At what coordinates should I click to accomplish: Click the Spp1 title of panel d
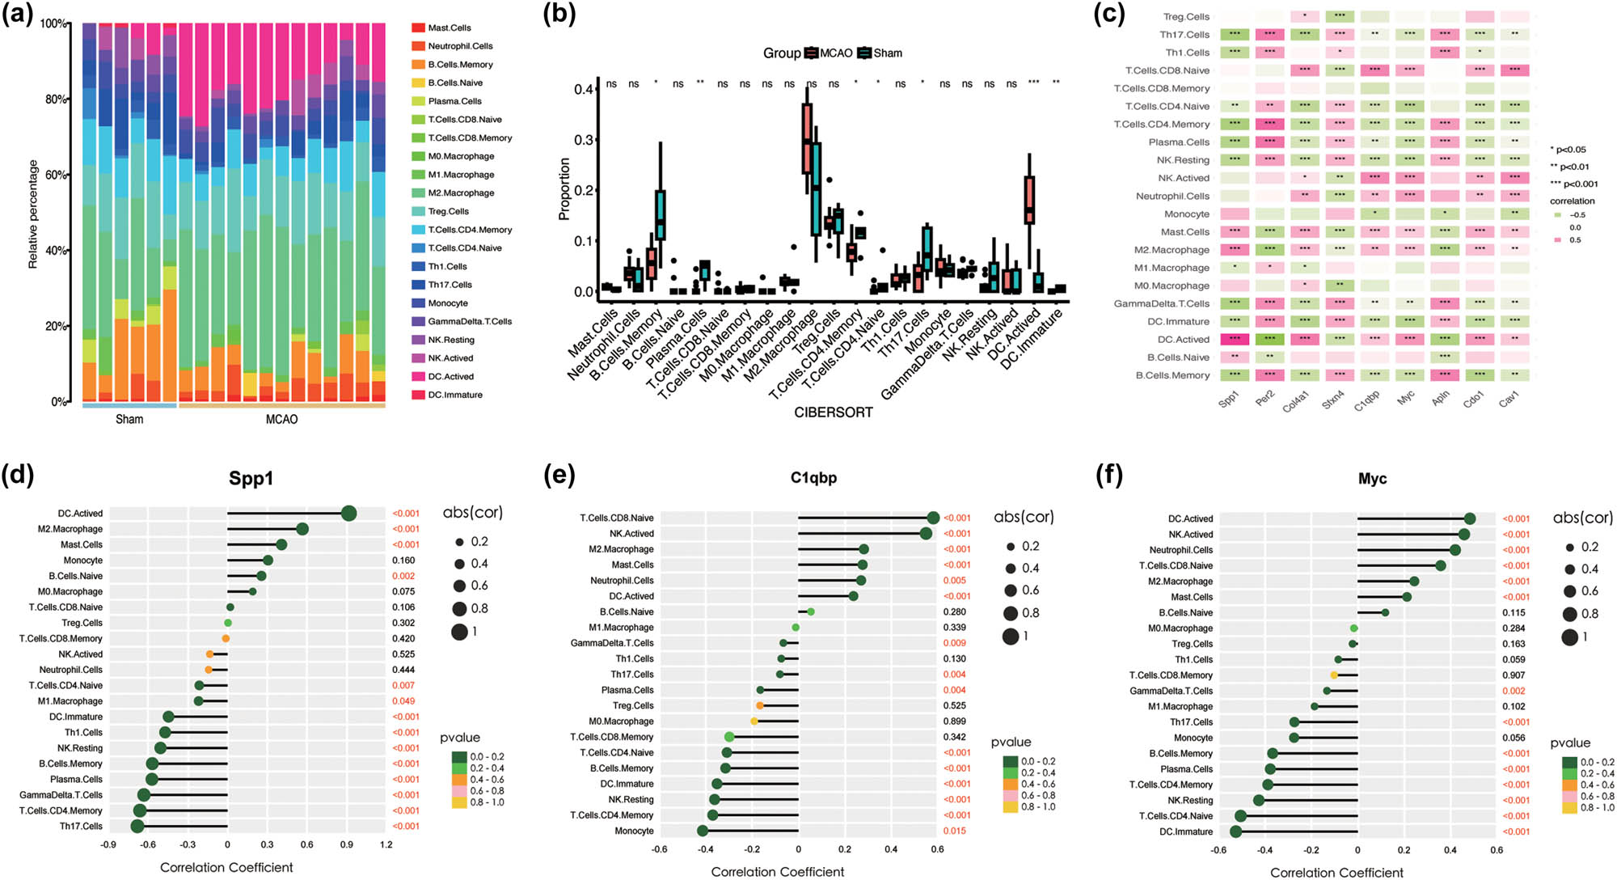coord(251,479)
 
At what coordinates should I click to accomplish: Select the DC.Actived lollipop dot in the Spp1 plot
coord(349,514)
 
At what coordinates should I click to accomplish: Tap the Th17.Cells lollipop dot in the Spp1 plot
coord(137,826)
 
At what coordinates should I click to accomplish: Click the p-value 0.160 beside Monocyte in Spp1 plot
coord(403,561)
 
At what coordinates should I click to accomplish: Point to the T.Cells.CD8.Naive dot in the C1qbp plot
coord(933,518)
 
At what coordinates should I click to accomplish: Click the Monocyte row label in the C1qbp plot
coord(635,831)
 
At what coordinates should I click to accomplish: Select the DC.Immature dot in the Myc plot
coord(1235,831)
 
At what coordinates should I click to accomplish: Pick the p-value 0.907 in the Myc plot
coord(1514,675)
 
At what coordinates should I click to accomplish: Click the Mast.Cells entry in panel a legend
coord(449,28)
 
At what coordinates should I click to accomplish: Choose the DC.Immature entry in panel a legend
coord(454,396)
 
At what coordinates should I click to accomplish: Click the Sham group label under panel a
coord(129,419)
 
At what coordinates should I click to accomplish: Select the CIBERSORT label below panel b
coord(833,412)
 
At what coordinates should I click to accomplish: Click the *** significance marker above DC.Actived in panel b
coord(1033,82)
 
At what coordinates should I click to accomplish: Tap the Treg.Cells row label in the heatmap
coord(1186,17)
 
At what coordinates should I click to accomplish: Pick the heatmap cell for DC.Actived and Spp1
coord(1235,340)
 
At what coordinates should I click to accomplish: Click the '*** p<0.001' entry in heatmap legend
coord(1573,184)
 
